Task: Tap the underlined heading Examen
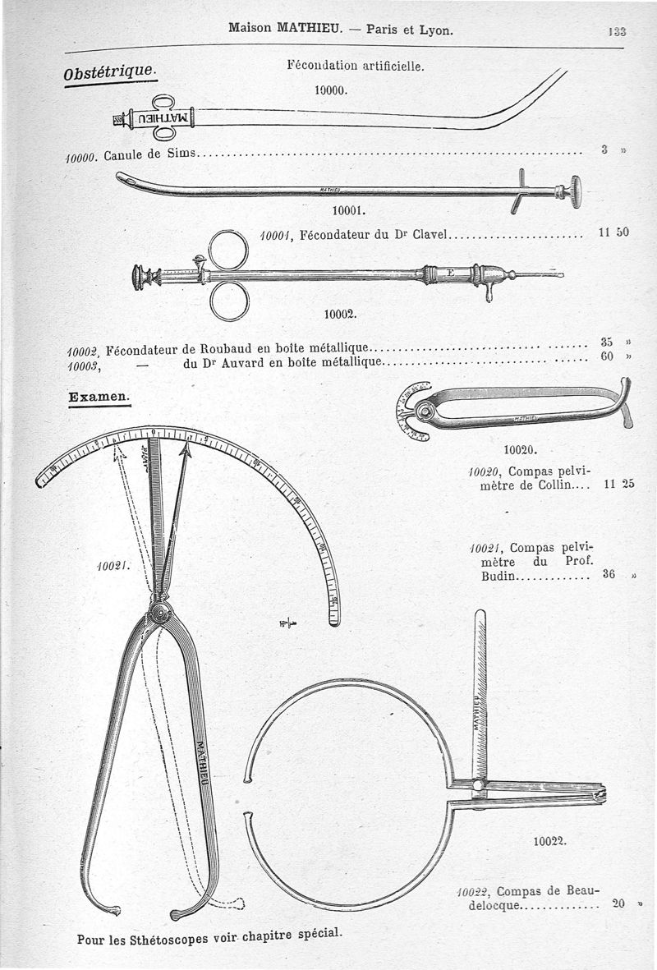(x=99, y=397)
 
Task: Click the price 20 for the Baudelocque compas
(x=618, y=903)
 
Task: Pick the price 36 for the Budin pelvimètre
(x=609, y=575)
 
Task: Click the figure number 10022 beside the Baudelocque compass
(x=549, y=841)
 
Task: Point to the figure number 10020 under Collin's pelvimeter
(x=518, y=449)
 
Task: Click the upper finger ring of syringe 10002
(x=227, y=250)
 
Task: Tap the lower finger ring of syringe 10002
(x=228, y=301)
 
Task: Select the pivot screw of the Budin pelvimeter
(x=160, y=612)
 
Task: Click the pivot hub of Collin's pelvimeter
(x=425, y=408)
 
